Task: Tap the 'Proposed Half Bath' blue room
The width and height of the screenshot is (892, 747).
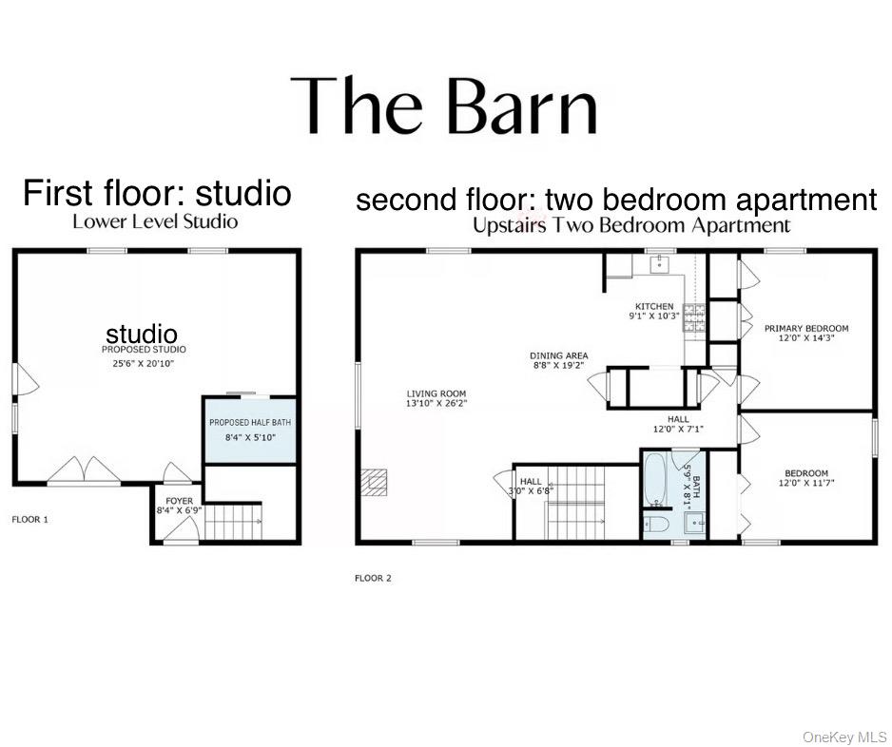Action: click(x=250, y=430)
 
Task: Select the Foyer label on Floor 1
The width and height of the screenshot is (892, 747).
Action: click(x=179, y=501)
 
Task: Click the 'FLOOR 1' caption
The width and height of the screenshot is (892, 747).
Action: click(x=29, y=520)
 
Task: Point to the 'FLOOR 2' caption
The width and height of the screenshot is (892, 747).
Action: click(x=373, y=578)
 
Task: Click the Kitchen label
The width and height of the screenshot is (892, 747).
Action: click(x=654, y=307)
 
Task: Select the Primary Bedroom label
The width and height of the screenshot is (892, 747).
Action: click(x=806, y=329)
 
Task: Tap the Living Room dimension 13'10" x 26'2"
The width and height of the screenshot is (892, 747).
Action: click(x=436, y=404)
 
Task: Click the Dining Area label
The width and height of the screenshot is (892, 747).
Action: click(x=559, y=356)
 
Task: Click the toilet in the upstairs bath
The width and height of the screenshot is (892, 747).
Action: click(x=657, y=524)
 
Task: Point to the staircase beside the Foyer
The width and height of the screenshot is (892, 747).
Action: click(x=233, y=523)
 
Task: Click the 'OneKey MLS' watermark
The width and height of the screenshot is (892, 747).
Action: click(x=844, y=737)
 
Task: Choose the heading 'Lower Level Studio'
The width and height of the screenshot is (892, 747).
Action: click(x=155, y=221)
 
